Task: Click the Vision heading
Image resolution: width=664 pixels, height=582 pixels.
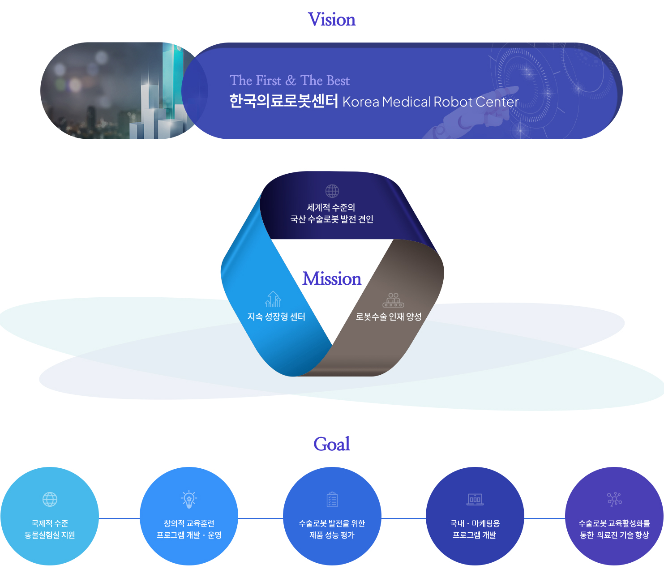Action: pyautogui.click(x=332, y=19)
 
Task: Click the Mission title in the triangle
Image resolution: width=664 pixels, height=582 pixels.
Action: pyautogui.click(x=332, y=278)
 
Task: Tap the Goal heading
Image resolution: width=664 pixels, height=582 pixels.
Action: pyautogui.click(x=332, y=444)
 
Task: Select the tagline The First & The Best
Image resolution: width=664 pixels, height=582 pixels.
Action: pyautogui.click(x=290, y=80)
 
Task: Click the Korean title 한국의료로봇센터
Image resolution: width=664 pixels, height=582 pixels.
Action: pyautogui.click(x=283, y=101)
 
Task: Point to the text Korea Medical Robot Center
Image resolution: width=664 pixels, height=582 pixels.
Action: pyautogui.click(x=431, y=102)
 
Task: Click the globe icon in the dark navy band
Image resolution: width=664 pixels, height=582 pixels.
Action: pyautogui.click(x=332, y=191)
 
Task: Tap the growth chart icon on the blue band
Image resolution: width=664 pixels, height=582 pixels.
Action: pyautogui.click(x=273, y=299)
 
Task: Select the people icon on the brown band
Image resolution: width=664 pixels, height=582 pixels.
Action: pyautogui.click(x=393, y=300)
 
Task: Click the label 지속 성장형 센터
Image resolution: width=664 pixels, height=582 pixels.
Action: pyautogui.click(x=276, y=317)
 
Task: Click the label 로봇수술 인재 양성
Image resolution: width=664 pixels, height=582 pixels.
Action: pyautogui.click(x=389, y=317)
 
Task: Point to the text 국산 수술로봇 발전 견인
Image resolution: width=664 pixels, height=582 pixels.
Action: pyautogui.click(x=332, y=219)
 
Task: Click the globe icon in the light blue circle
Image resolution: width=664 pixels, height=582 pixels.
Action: pyautogui.click(x=50, y=500)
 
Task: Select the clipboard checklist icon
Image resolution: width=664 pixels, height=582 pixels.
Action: pyautogui.click(x=332, y=500)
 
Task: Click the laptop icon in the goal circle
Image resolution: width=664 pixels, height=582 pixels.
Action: pyautogui.click(x=475, y=500)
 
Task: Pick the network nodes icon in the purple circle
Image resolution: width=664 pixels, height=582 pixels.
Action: pyautogui.click(x=614, y=500)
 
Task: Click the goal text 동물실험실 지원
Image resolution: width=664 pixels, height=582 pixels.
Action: pyautogui.click(x=50, y=535)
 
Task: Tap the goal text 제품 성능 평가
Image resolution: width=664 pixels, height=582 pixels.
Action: pyautogui.click(x=332, y=535)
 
